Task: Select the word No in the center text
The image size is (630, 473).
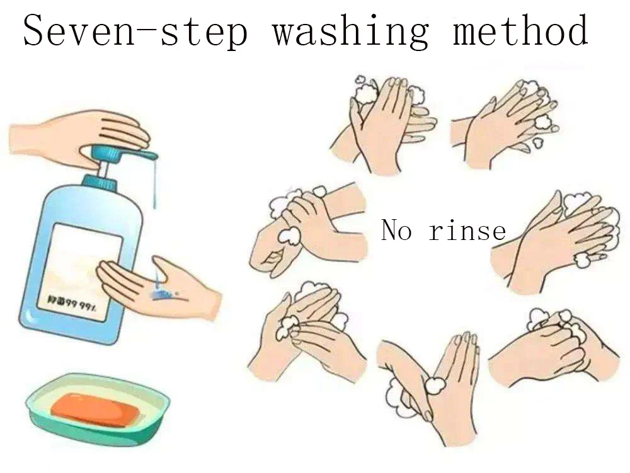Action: [x=396, y=231]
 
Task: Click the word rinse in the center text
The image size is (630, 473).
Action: [x=467, y=231]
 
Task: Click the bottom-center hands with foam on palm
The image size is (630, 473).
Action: [x=428, y=384]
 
